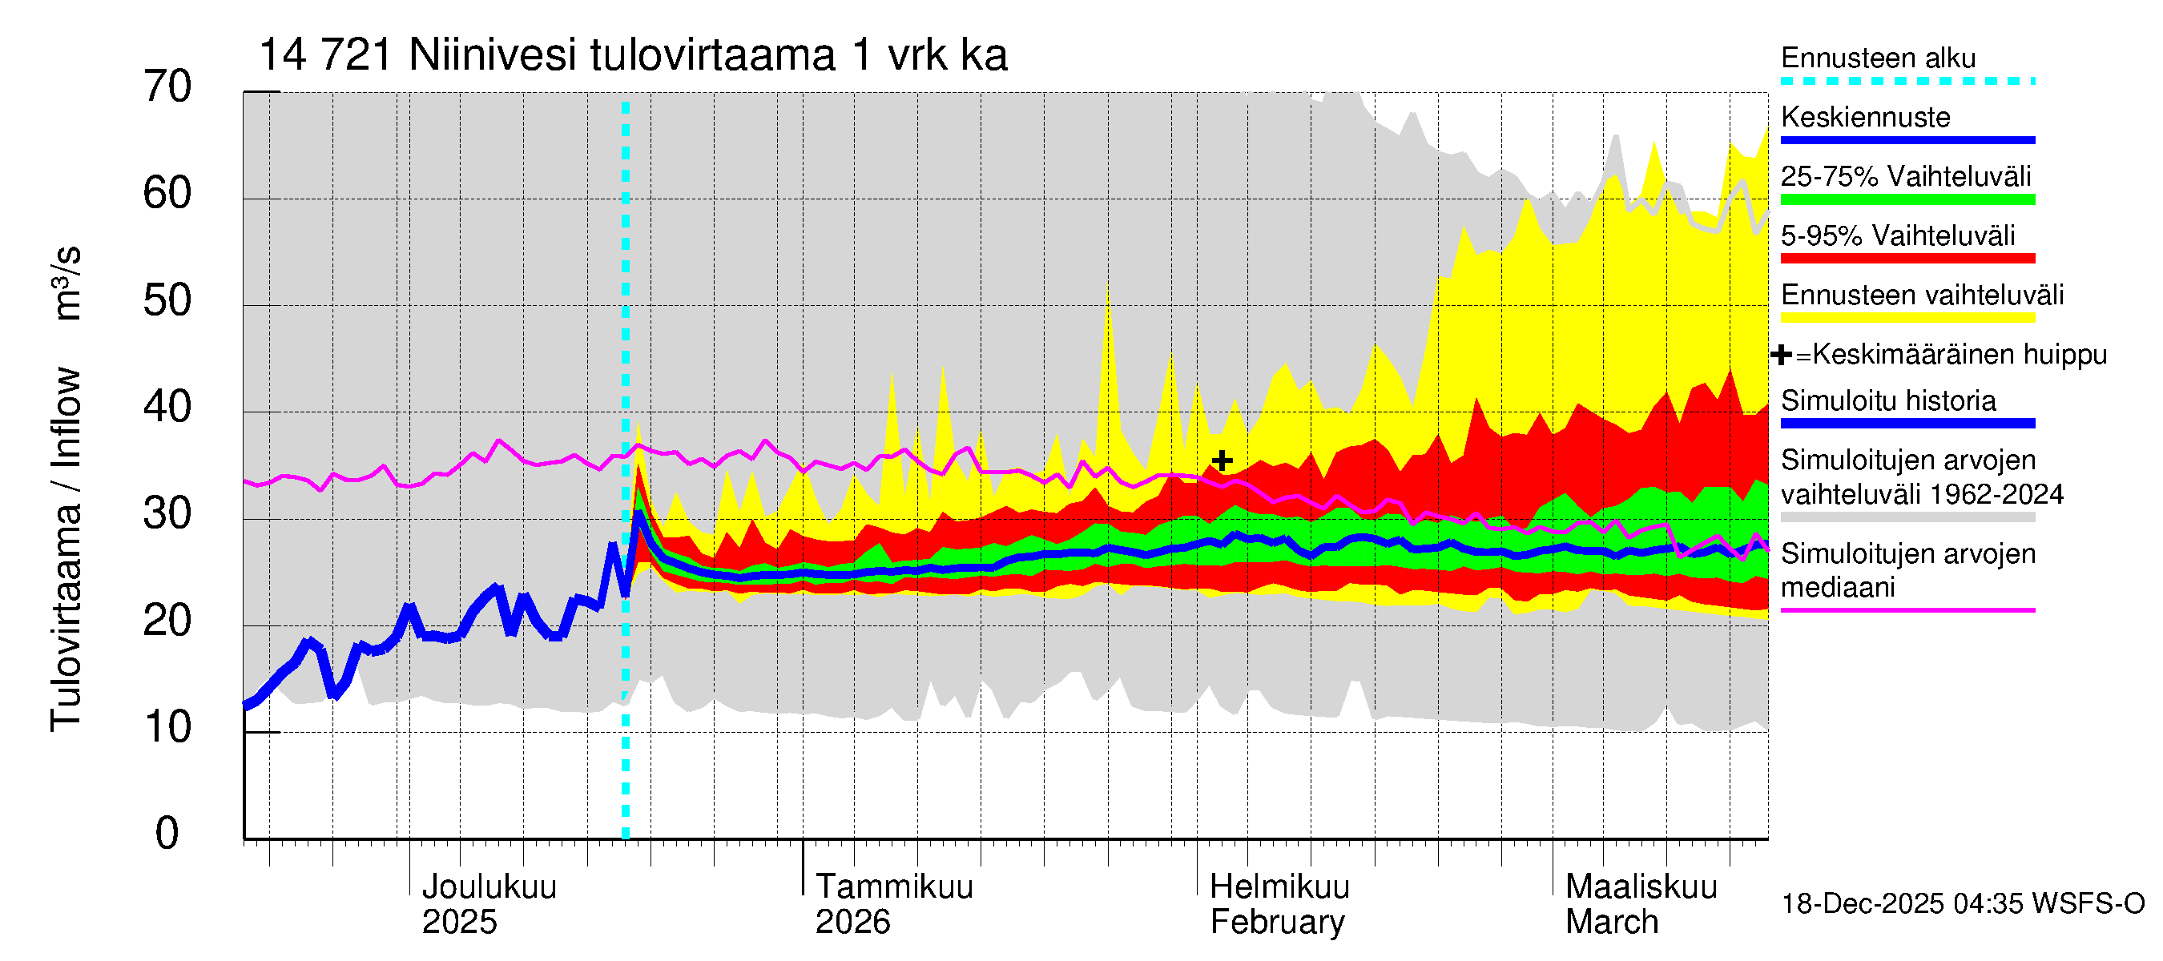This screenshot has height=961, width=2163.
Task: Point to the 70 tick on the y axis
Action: pos(167,86)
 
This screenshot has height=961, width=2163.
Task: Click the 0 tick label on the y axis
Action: pos(167,834)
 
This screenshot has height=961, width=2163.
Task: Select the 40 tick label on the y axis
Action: pos(167,407)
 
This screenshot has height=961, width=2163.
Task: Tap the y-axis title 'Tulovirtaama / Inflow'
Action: pos(66,549)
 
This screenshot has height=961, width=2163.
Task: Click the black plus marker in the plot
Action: pos(1222,460)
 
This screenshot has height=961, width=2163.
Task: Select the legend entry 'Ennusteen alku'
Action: pos(1878,58)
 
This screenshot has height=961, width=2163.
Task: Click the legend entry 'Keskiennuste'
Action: pos(1865,118)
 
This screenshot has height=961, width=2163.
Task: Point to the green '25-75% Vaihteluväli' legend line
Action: pos(1907,199)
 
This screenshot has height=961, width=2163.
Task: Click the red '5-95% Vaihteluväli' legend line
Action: pos(1907,259)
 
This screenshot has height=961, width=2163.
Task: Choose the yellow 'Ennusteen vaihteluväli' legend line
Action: pos(1907,318)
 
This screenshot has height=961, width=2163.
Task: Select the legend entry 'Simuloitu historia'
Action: pos(1887,401)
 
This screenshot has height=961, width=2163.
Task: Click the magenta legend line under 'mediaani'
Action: pos(1907,610)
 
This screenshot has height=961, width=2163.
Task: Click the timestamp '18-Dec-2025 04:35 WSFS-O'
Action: pos(1962,904)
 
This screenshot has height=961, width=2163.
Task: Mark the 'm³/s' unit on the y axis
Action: pos(67,283)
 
